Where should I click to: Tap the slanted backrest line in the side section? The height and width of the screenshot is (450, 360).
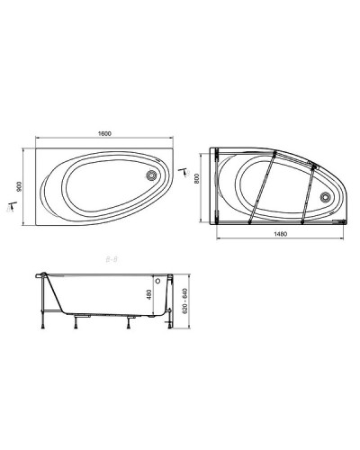pos(53,292)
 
